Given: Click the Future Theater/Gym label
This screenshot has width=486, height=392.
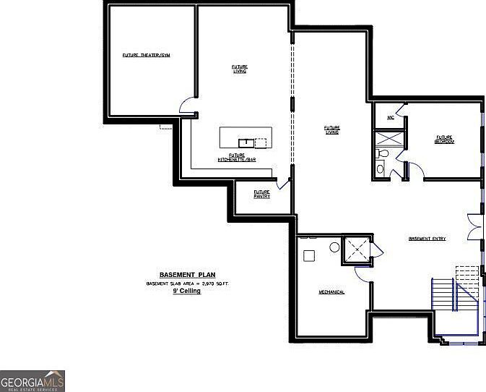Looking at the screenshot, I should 146,55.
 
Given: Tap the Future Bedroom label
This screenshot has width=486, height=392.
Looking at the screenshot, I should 444,139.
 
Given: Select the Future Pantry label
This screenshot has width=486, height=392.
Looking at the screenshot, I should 261,194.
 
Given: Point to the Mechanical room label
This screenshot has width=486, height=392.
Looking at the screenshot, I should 331,292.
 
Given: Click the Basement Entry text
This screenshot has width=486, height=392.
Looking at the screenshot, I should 428,239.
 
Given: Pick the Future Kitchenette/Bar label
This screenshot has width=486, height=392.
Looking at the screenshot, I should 237,157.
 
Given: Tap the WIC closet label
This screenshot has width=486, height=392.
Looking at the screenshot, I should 390,116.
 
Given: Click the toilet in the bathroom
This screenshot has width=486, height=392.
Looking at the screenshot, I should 384,154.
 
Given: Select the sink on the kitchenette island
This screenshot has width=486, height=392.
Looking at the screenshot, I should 245,142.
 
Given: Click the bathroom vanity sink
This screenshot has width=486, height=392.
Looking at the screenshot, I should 381,169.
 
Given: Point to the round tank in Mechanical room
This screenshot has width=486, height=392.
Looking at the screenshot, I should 334,247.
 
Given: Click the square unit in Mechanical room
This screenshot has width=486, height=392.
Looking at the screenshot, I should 309,255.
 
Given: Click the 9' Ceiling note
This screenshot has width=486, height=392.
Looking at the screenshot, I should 186,291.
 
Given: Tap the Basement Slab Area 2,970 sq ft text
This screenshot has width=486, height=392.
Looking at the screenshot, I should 187,284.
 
